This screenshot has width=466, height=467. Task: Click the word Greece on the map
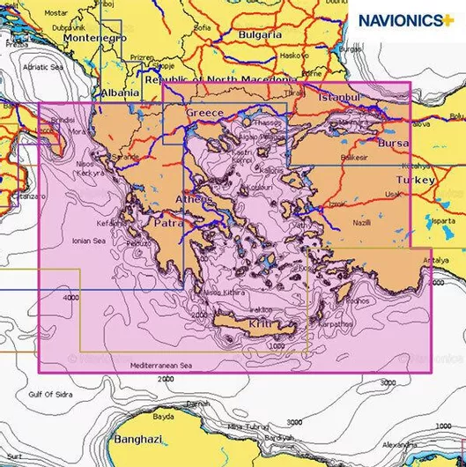pos(203,114)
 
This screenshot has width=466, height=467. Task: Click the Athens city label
pos(195,200)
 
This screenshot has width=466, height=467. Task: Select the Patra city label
pos(144,224)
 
